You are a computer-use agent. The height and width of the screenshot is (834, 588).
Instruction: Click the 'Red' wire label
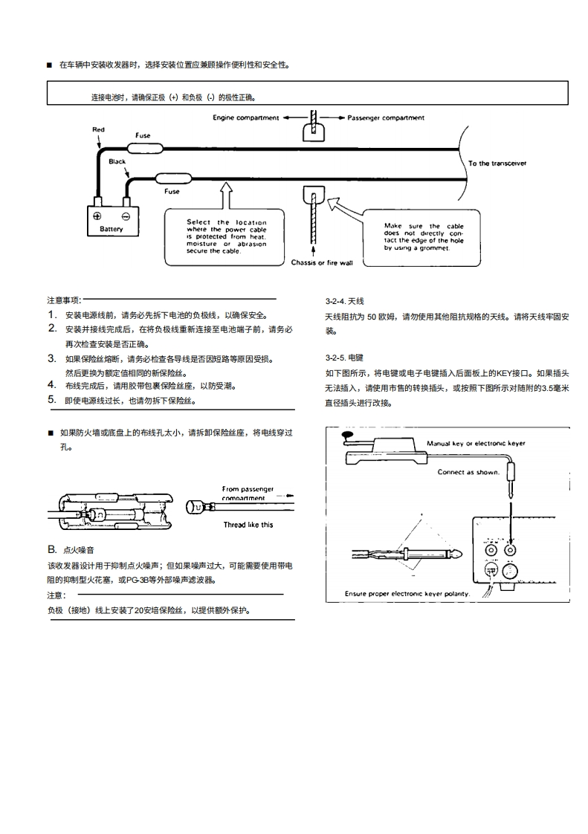[98, 129]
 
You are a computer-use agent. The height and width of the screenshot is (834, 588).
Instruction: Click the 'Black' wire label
[117, 161]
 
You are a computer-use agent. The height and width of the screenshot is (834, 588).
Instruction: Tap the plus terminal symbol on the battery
[97, 216]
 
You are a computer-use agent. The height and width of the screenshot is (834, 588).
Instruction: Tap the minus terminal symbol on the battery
[126, 216]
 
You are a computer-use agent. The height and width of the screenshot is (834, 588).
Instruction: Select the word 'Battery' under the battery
[112, 229]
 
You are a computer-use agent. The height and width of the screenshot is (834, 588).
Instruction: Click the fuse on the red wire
[143, 146]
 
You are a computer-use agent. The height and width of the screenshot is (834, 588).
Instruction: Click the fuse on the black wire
[171, 178]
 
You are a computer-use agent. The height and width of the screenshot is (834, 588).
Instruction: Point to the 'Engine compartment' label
[245, 117]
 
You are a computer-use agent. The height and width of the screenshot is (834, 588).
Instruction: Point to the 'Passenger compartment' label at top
[386, 117]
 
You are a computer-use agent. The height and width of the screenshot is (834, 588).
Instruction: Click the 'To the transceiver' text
[497, 164]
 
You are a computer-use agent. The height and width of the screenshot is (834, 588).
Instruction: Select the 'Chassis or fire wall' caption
[322, 263]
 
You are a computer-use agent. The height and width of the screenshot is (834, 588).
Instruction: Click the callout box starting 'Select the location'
[226, 236]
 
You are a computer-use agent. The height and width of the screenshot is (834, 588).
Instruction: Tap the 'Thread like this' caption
[248, 524]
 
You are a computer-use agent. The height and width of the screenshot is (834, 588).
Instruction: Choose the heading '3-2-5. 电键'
[344, 358]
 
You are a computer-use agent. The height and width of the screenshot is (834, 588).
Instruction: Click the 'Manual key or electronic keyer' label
[476, 443]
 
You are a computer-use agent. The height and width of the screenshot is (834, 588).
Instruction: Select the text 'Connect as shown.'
[468, 472]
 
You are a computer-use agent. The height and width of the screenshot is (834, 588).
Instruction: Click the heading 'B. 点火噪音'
[71, 550]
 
